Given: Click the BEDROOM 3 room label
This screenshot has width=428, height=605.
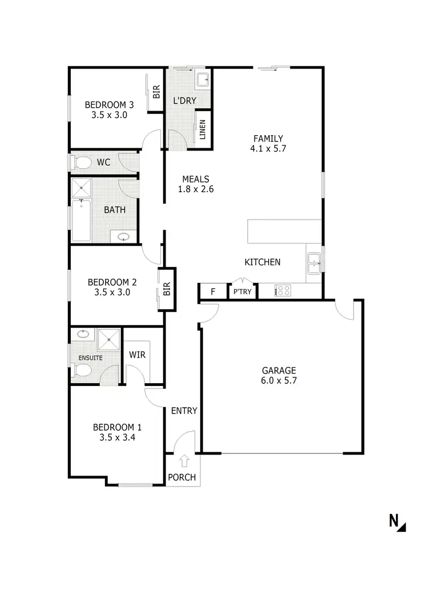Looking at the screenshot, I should (109, 104).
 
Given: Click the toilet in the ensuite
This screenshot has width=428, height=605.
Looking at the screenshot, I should (83, 371).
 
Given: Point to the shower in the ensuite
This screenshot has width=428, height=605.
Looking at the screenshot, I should (107, 340).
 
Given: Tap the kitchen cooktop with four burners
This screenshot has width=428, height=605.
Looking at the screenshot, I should (282, 291).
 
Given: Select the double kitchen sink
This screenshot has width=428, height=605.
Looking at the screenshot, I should (313, 263).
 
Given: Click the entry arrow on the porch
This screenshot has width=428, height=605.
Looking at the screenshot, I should (184, 460).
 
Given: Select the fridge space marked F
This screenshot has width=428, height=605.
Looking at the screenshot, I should (213, 292).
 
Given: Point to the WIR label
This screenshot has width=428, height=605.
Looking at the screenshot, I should (137, 355).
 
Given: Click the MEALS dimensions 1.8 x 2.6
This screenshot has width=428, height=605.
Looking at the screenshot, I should (195, 189).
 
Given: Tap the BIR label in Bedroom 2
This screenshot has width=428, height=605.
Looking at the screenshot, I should (167, 290).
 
